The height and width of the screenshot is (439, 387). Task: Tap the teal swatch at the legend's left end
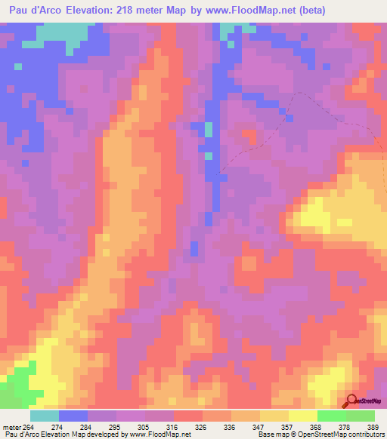point(45,416)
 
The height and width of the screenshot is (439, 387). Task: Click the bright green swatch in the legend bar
point(332,416)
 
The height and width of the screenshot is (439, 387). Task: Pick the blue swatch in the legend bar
point(73,416)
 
